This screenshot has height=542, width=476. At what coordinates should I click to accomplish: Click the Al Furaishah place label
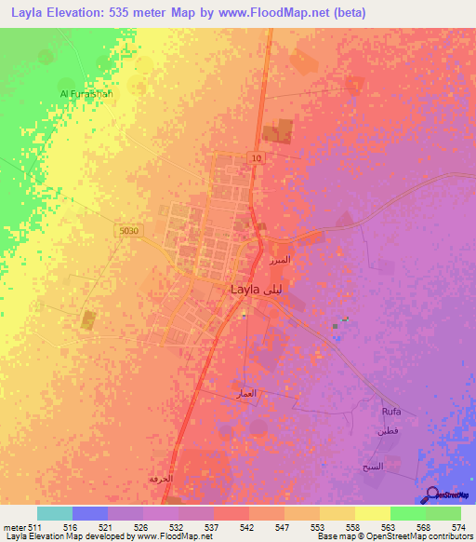click(86, 94)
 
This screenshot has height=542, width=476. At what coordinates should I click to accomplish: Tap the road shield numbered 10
click(255, 159)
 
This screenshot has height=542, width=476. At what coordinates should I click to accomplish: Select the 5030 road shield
click(129, 231)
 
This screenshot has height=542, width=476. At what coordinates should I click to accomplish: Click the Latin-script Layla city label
click(245, 290)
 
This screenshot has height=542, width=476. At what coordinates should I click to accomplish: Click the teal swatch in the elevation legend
click(55, 513)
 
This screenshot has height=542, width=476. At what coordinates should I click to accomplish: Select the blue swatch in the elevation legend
click(90, 513)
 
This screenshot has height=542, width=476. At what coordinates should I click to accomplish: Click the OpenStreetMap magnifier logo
click(431, 495)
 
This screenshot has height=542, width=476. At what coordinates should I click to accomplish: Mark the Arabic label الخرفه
click(161, 478)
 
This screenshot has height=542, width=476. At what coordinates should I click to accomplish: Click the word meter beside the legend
click(16, 527)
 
